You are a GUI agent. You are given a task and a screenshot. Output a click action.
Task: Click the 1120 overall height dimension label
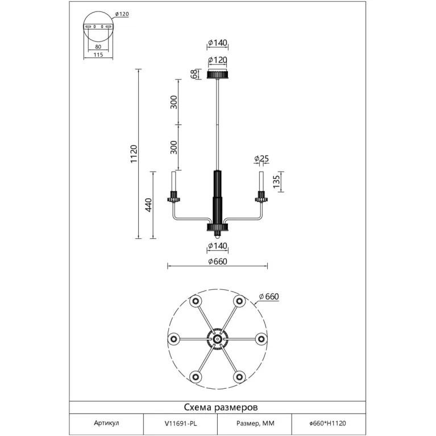click(134, 154)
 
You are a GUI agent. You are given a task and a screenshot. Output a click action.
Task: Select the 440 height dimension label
click(149, 205)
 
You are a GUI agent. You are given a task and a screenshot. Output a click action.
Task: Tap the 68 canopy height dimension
click(194, 74)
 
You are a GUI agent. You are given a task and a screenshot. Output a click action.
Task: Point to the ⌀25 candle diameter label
click(261, 159)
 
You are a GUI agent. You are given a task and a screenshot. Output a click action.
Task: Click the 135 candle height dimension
click(276, 181)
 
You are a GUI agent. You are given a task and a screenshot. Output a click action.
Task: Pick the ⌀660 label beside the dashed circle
click(269, 297)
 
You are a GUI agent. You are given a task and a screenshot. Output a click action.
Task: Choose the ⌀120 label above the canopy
click(218, 60)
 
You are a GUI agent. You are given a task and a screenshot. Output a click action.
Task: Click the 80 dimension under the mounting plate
click(98, 47)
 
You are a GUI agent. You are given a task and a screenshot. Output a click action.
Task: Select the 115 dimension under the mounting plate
click(98, 55)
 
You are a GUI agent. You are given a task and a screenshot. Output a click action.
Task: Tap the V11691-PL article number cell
click(180, 423)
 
